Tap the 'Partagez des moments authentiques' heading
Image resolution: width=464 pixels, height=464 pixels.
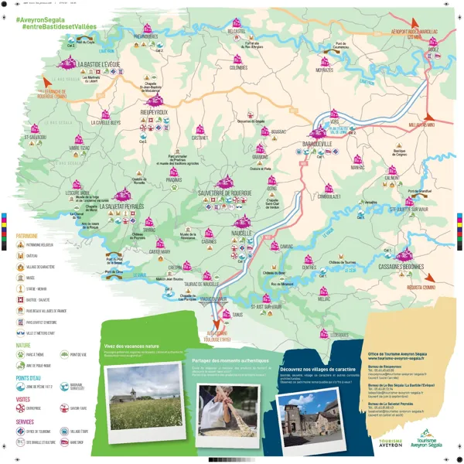232,361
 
